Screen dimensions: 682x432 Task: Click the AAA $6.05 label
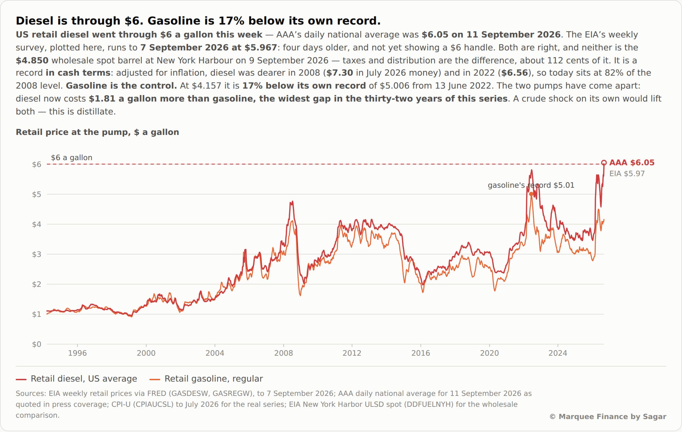pyautogui.click(x=632, y=163)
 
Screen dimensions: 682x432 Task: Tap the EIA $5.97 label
pyautogui.click(x=627, y=173)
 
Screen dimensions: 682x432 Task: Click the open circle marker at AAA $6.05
pyautogui.click(x=604, y=163)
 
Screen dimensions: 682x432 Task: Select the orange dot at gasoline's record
pyautogui.click(x=531, y=194)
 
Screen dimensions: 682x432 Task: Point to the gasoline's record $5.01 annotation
pyautogui.click(x=531, y=185)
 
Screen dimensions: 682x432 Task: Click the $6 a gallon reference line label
pyautogui.click(x=72, y=157)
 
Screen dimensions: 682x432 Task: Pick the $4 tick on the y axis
pyautogui.click(x=36, y=224)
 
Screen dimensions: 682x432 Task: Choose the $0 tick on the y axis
pyautogui.click(x=36, y=344)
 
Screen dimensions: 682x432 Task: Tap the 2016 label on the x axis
pyautogui.click(x=420, y=353)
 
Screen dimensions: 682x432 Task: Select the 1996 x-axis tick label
pyautogui.click(x=77, y=353)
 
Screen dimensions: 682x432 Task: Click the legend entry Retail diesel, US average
pyautogui.click(x=76, y=379)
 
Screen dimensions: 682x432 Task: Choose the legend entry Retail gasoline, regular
pyautogui.click(x=206, y=379)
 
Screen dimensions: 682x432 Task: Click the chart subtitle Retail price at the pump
pyautogui.click(x=97, y=132)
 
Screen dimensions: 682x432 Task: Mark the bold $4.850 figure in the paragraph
pyautogui.click(x=32, y=60)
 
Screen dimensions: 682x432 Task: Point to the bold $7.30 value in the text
pyautogui.click(x=340, y=73)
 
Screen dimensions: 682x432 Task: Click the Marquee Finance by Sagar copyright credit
pyautogui.click(x=608, y=416)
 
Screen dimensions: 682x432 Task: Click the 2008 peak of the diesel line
pyautogui.click(x=292, y=202)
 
